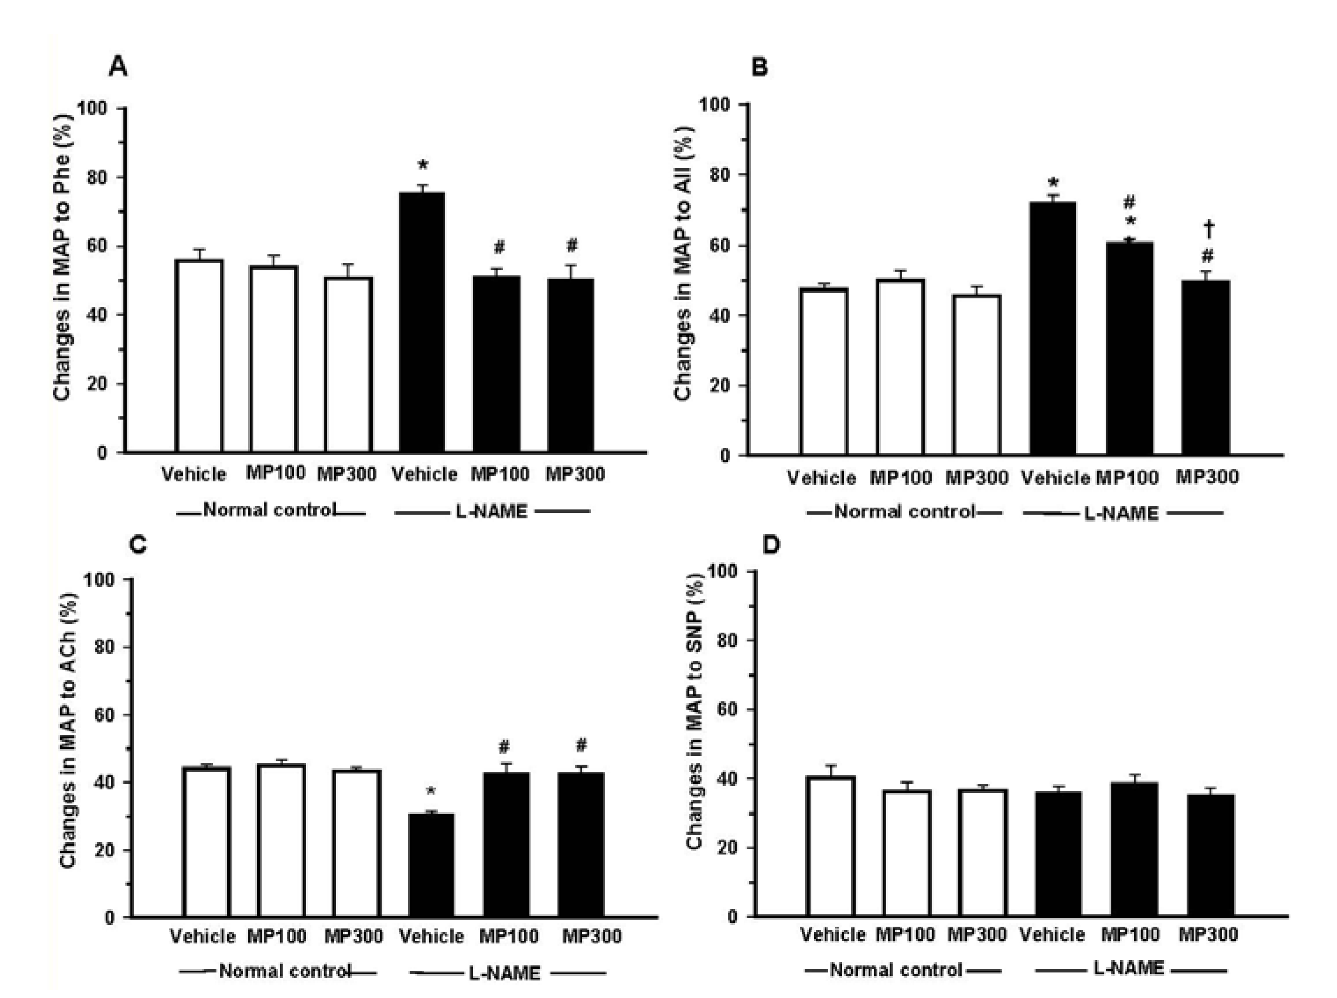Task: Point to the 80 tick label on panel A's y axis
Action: pyautogui.click(x=99, y=177)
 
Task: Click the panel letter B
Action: pyautogui.click(x=759, y=67)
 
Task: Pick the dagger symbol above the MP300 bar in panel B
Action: pyautogui.click(x=1209, y=229)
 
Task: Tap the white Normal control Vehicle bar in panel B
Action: pyautogui.click(x=823, y=372)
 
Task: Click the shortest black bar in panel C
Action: pyautogui.click(x=431, y=865)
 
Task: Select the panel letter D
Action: pyautogui.click(x=771, y=545)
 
